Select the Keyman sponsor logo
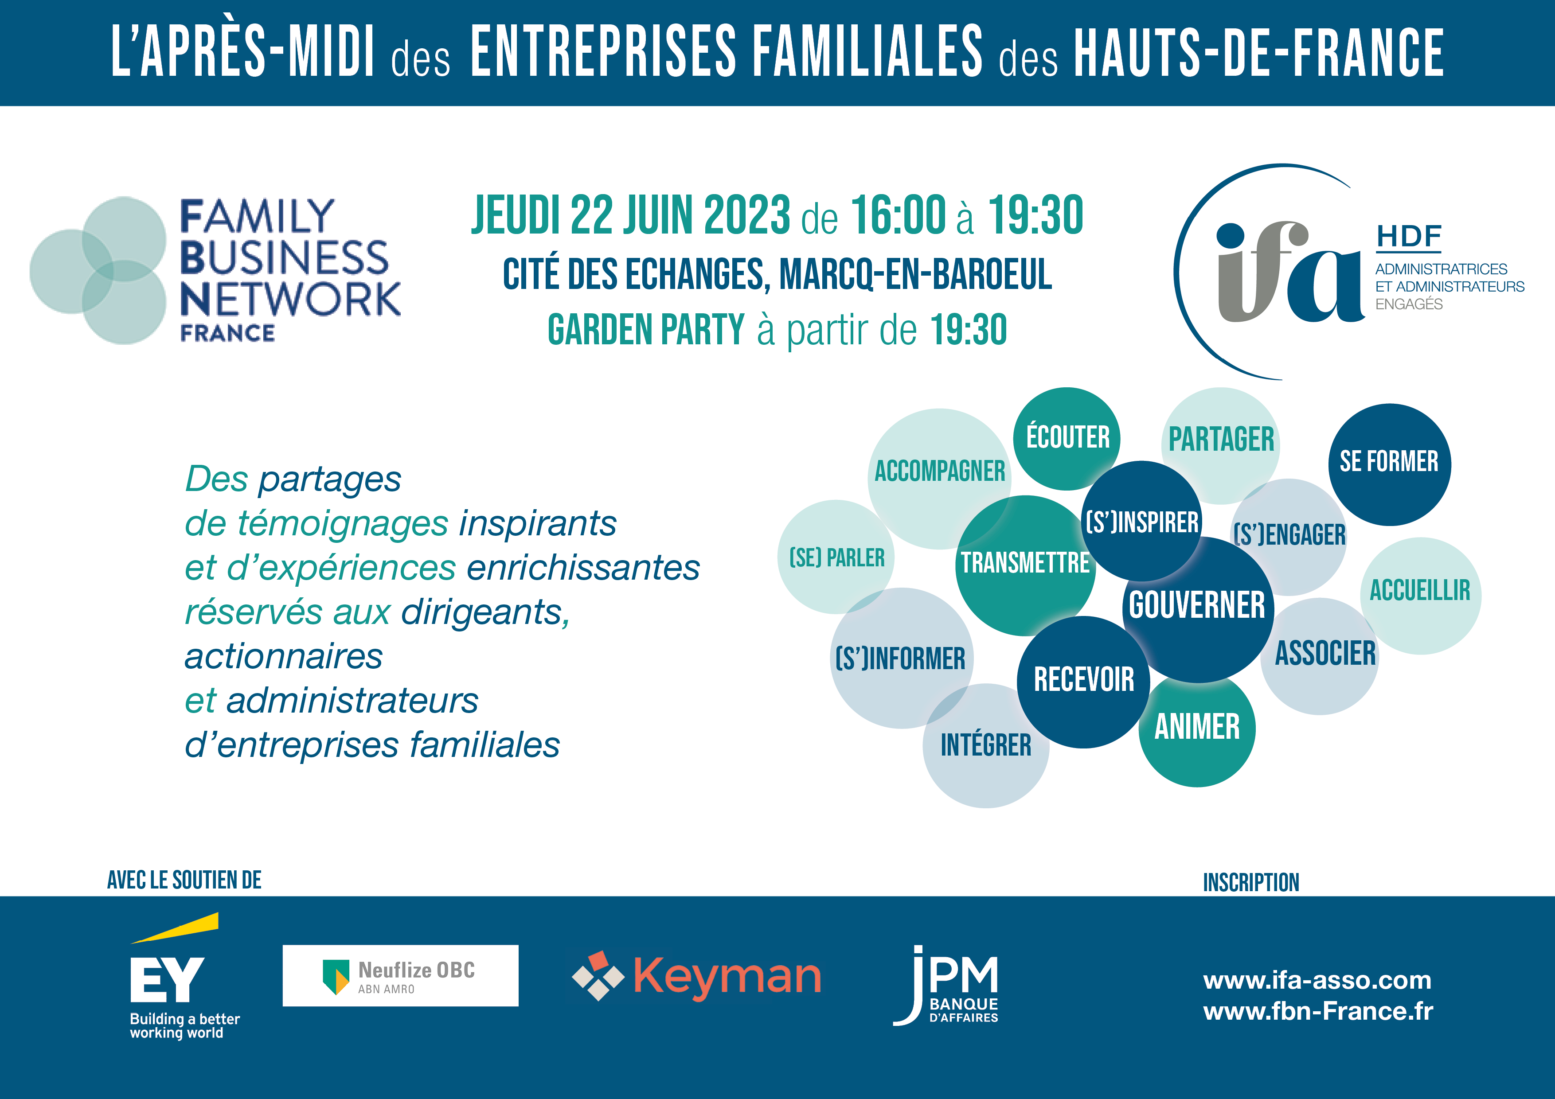tap(696, 976)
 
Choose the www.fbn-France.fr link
tap(1318, 1011)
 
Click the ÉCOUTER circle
tap(1067, 439)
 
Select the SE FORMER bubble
tap(1389, 464)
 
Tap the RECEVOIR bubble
tap(1084, 681)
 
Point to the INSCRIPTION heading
tap(1251, 882)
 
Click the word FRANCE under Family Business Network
tap(227, 333)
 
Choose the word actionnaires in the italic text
tap(284, 656)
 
